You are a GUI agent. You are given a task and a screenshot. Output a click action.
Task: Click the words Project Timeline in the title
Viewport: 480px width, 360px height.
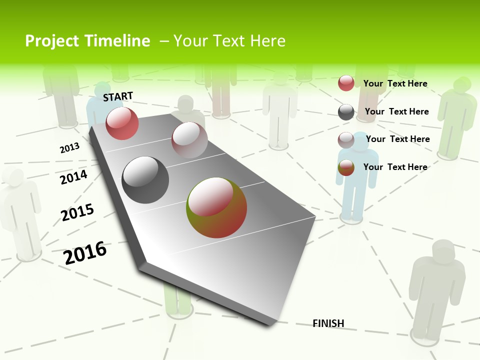(x=87, y=41)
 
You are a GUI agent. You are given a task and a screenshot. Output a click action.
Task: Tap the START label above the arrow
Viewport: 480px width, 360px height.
(x=118, y=96)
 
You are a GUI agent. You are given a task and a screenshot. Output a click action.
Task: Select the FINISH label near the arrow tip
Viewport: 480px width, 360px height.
(x=328, y=323)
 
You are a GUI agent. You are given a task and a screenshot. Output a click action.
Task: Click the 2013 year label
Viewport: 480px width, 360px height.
(x=69, y=148)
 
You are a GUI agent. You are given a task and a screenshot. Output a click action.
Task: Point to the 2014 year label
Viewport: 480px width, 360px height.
(x=73, y=177)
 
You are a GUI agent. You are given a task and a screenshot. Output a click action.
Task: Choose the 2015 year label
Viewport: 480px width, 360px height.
(x=77, y=212)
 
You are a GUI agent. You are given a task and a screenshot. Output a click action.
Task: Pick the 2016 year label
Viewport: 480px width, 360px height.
(x=85, y=253)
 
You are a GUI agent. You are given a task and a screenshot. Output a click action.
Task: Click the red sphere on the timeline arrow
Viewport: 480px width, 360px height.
(x=122, y=123)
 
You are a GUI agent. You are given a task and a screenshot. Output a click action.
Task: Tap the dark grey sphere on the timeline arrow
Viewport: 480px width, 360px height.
(x=145, y=180)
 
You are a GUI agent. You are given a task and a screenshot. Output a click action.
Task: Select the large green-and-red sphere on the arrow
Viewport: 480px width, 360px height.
(x=216, y=207)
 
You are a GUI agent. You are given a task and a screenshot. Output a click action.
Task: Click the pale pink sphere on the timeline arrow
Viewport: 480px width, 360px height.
(x=189, y=140)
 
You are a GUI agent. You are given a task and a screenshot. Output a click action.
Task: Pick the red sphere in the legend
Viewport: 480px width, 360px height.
(x=346, y=83)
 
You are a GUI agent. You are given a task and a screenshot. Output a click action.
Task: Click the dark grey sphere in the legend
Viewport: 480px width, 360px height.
(x=346, y=112)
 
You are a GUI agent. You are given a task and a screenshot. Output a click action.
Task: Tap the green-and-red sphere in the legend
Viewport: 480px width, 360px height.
(x=346, y=168)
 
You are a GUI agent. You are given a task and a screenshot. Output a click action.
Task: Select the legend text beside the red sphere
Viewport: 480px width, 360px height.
(x=395, y=83)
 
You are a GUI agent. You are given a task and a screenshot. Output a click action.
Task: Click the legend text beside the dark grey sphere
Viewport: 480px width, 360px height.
(x=396, y=111)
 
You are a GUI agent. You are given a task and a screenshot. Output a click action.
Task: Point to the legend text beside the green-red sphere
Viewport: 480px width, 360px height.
(x=395, y=167)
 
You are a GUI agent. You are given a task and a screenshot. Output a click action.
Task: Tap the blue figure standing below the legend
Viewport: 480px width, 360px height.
(x=356, y=180)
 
